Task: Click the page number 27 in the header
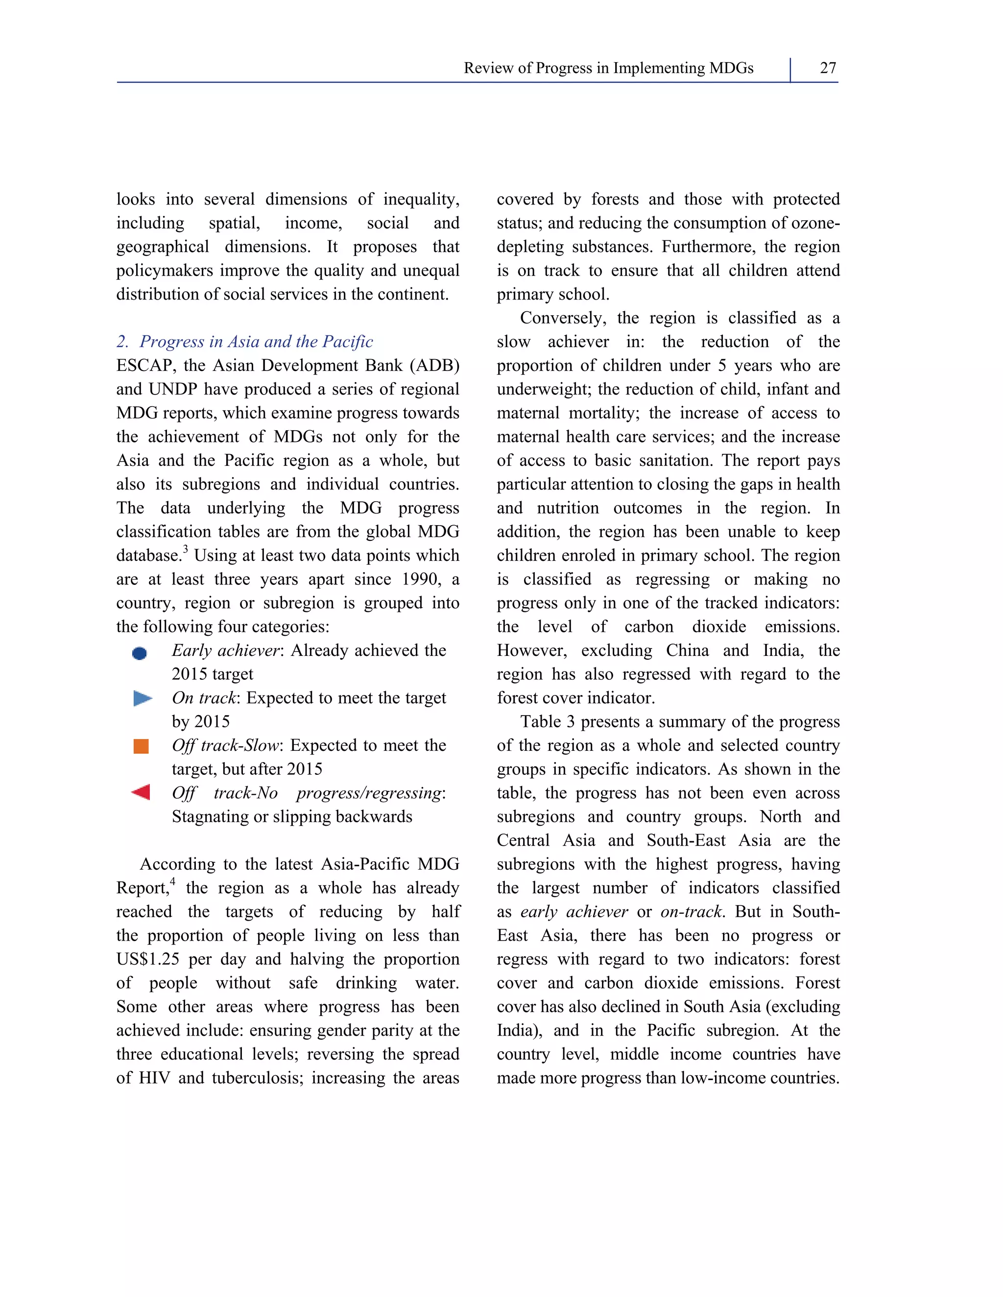pyautogui.click(x=828, y=69)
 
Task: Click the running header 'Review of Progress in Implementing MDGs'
pyautogui.click(x=608, y=69)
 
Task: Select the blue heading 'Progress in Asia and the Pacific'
pyautogui.click(x=256, y=342)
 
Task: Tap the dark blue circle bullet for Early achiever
pyautogui.click(x=140, y=653)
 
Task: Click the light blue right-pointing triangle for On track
pyautogui.click(x=143, y=698)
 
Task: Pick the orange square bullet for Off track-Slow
pyautogui.click(x=142, y=746)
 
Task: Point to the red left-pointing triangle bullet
pyautogui.click(x=141, y=792)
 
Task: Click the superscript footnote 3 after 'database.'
pyautogui.click(x=186, y=549)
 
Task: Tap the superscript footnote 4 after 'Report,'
pyautogui.click(x=172, y=881)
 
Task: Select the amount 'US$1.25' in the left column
pyautogui.click(x=147, y=960)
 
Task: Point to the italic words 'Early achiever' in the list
pyautogui.click(x=225, y=651)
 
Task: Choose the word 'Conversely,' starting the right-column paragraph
pyautogui.click(x=563, y=318)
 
